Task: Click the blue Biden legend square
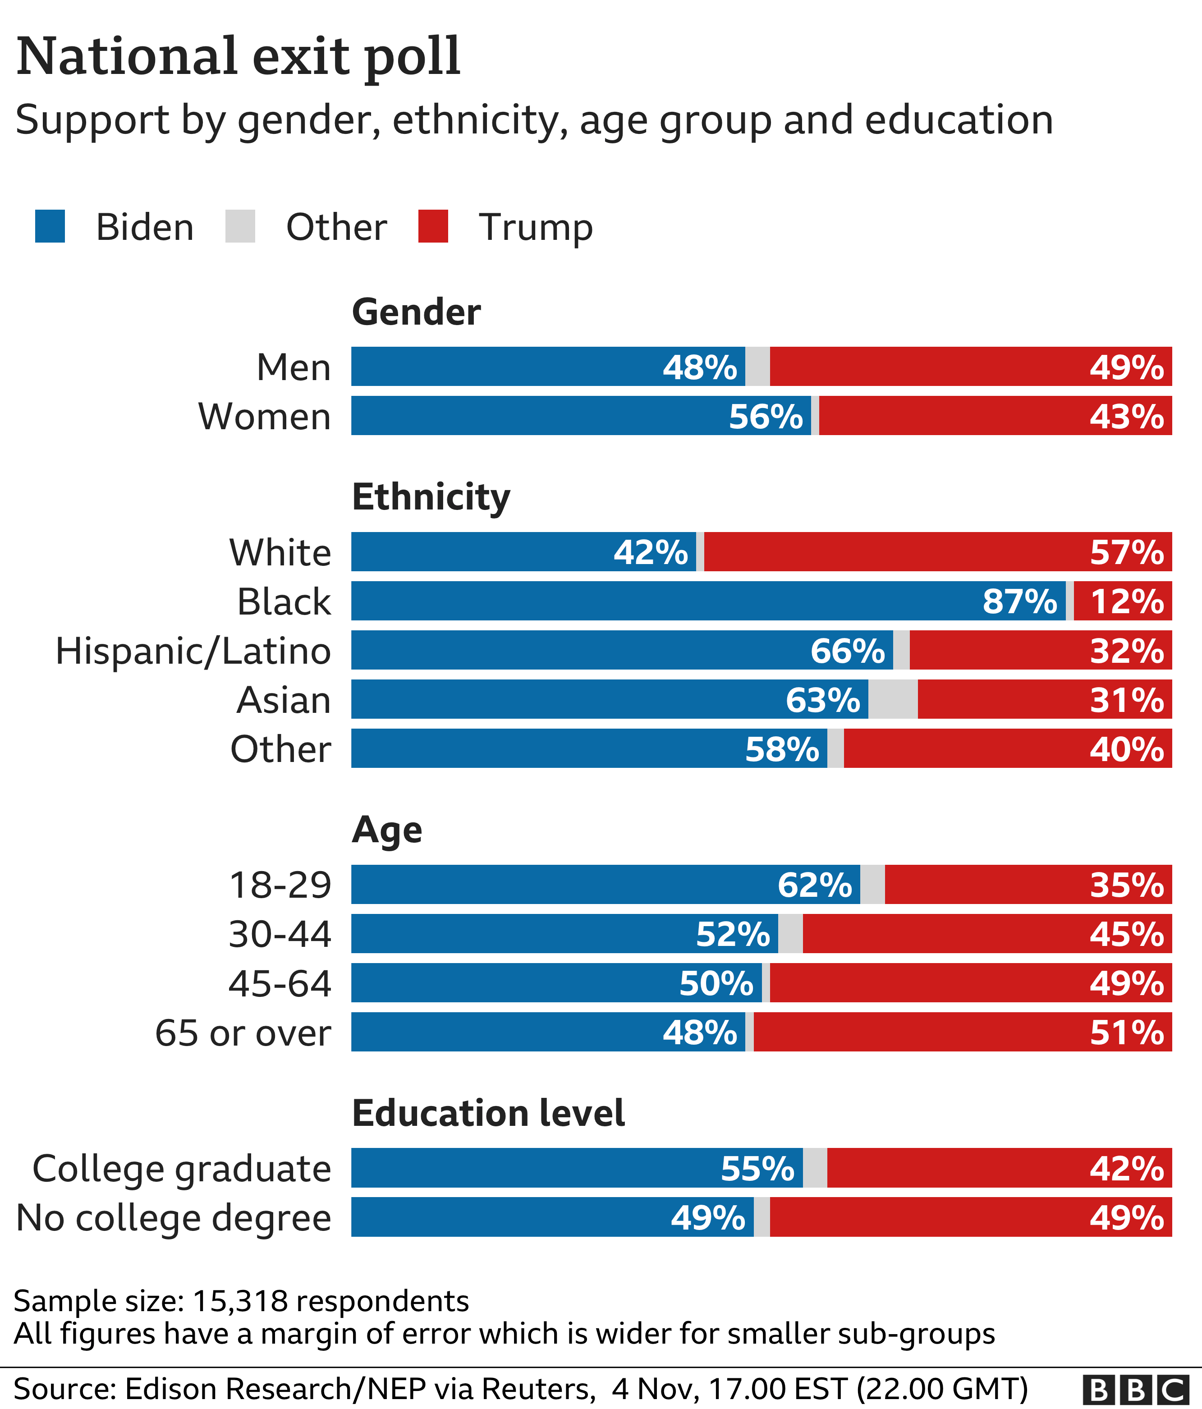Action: (x=50, y=226)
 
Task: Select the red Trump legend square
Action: (x=433, y=226)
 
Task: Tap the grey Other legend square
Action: (x=240, y=226)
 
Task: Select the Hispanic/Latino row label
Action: (x=193, y=651)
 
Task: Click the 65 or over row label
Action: (x=243, y=1033)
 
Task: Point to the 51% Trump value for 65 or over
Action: (x=1127, y=1033)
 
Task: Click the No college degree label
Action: (x=174, y=1218)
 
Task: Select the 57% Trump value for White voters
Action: (x=1127, y=552)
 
